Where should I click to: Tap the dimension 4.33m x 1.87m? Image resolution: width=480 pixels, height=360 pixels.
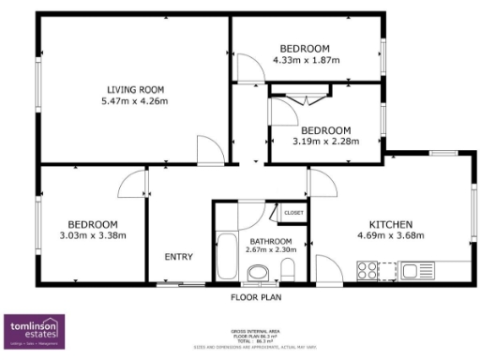tap(306, 60)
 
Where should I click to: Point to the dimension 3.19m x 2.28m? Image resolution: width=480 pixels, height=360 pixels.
tap(324, 142)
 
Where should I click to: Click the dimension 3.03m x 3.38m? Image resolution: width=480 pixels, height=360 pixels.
tap(92, 235)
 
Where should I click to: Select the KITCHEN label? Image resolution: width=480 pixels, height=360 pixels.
tap(391, 224)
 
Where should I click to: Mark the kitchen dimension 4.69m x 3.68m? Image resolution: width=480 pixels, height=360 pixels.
tap(391, 235)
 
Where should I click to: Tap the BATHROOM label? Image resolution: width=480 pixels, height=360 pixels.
tap(269, 242)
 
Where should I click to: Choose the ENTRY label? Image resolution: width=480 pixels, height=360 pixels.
tap(179, 257)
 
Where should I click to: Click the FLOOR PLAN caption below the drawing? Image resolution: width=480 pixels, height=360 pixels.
tap(257, 297)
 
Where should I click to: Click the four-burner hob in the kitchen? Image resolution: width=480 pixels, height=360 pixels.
tap(367, 271)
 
